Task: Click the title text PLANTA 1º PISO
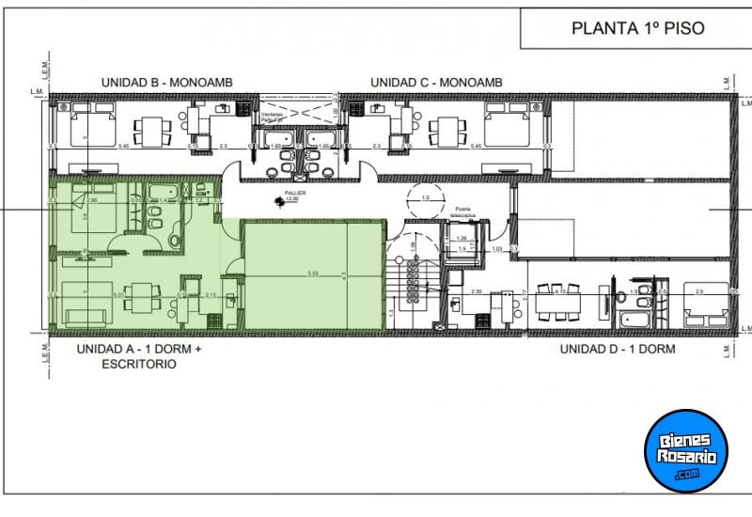(637, 28)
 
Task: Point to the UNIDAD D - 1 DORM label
(618, 349)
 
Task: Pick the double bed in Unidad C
(509, 122)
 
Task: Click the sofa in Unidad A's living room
(76, 303)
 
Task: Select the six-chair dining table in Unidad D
(561, 300)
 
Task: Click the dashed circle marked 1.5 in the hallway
(424, 199)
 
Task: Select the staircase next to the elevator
(413, 282)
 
